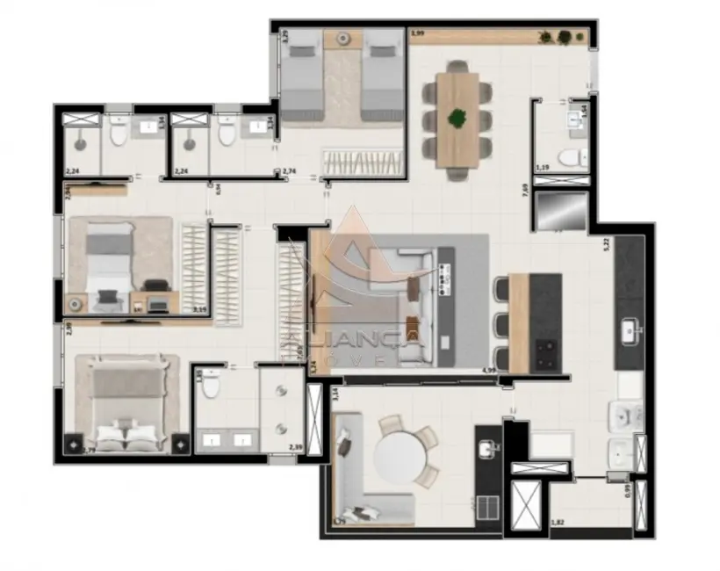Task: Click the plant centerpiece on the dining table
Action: pyautogui.click(x=457, y=118)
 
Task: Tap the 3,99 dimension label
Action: pyautogui.click(x=418, y=34)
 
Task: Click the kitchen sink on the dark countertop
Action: pyautogui.click(x=630, y=330)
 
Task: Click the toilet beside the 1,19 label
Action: pyautogui.click(x=571, y=158)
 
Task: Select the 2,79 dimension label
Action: pyautogui.click(x=90, y=452)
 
